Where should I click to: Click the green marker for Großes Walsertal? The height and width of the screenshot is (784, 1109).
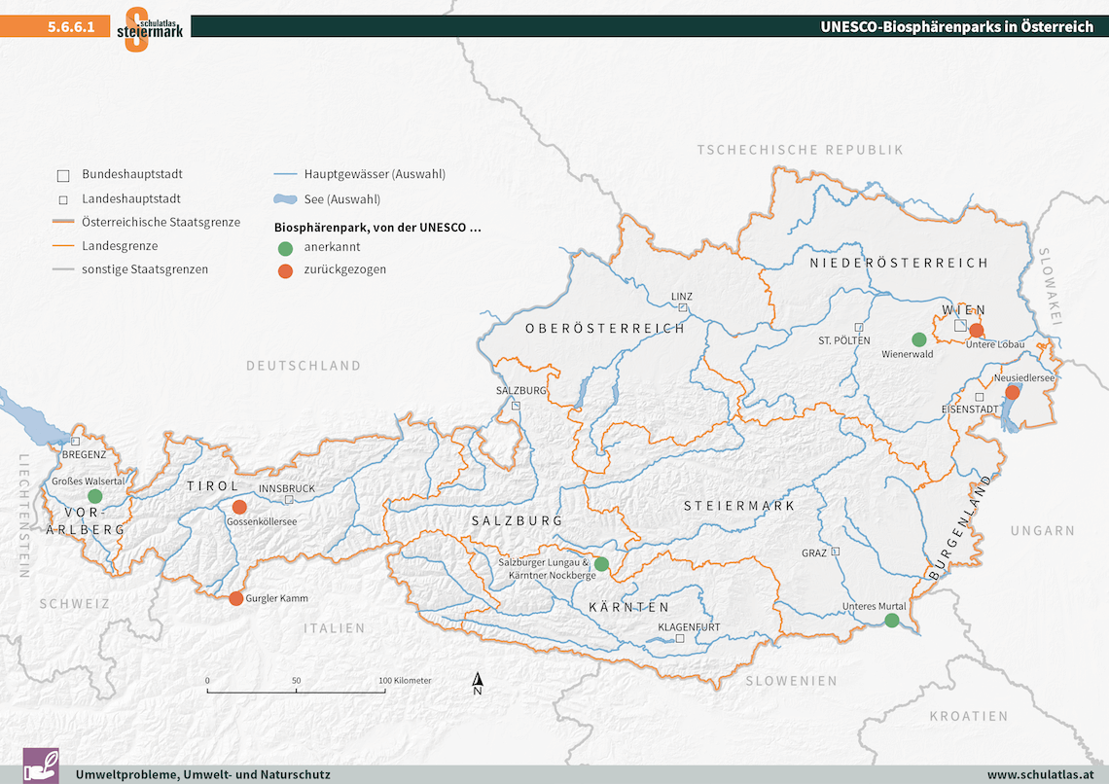(x=94, y=496)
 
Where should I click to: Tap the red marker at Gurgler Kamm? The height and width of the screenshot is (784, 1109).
(x=236, y=598)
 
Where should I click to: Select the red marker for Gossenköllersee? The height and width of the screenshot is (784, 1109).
(x=239, y=507)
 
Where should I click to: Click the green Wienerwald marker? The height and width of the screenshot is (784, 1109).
(x=918, y=339)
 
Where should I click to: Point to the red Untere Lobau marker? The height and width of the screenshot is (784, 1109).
(x=977, y=330)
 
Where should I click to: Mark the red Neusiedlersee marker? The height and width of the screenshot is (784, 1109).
(x=1012, y=392)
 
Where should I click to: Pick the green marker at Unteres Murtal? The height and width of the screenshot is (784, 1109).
(x=891, y=621)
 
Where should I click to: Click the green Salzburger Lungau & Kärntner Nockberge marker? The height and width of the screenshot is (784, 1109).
(x=601, y=563)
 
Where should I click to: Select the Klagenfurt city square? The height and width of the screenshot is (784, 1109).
(x=680, y=639)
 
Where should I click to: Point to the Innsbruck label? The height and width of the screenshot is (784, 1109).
(x=287, y=488)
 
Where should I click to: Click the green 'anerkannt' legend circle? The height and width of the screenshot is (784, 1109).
(x=284, y=247)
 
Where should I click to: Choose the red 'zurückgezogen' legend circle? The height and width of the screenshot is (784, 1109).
(x=284, y=269)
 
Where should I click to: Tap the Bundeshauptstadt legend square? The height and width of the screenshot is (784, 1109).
(x=63, y=176)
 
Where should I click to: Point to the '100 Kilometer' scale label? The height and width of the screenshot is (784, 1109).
(x=404, y=680)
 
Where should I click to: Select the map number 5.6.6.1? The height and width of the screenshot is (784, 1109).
(x=71, y=27)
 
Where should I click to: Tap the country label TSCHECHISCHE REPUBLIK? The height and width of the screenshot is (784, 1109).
(x=800, y=149)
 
